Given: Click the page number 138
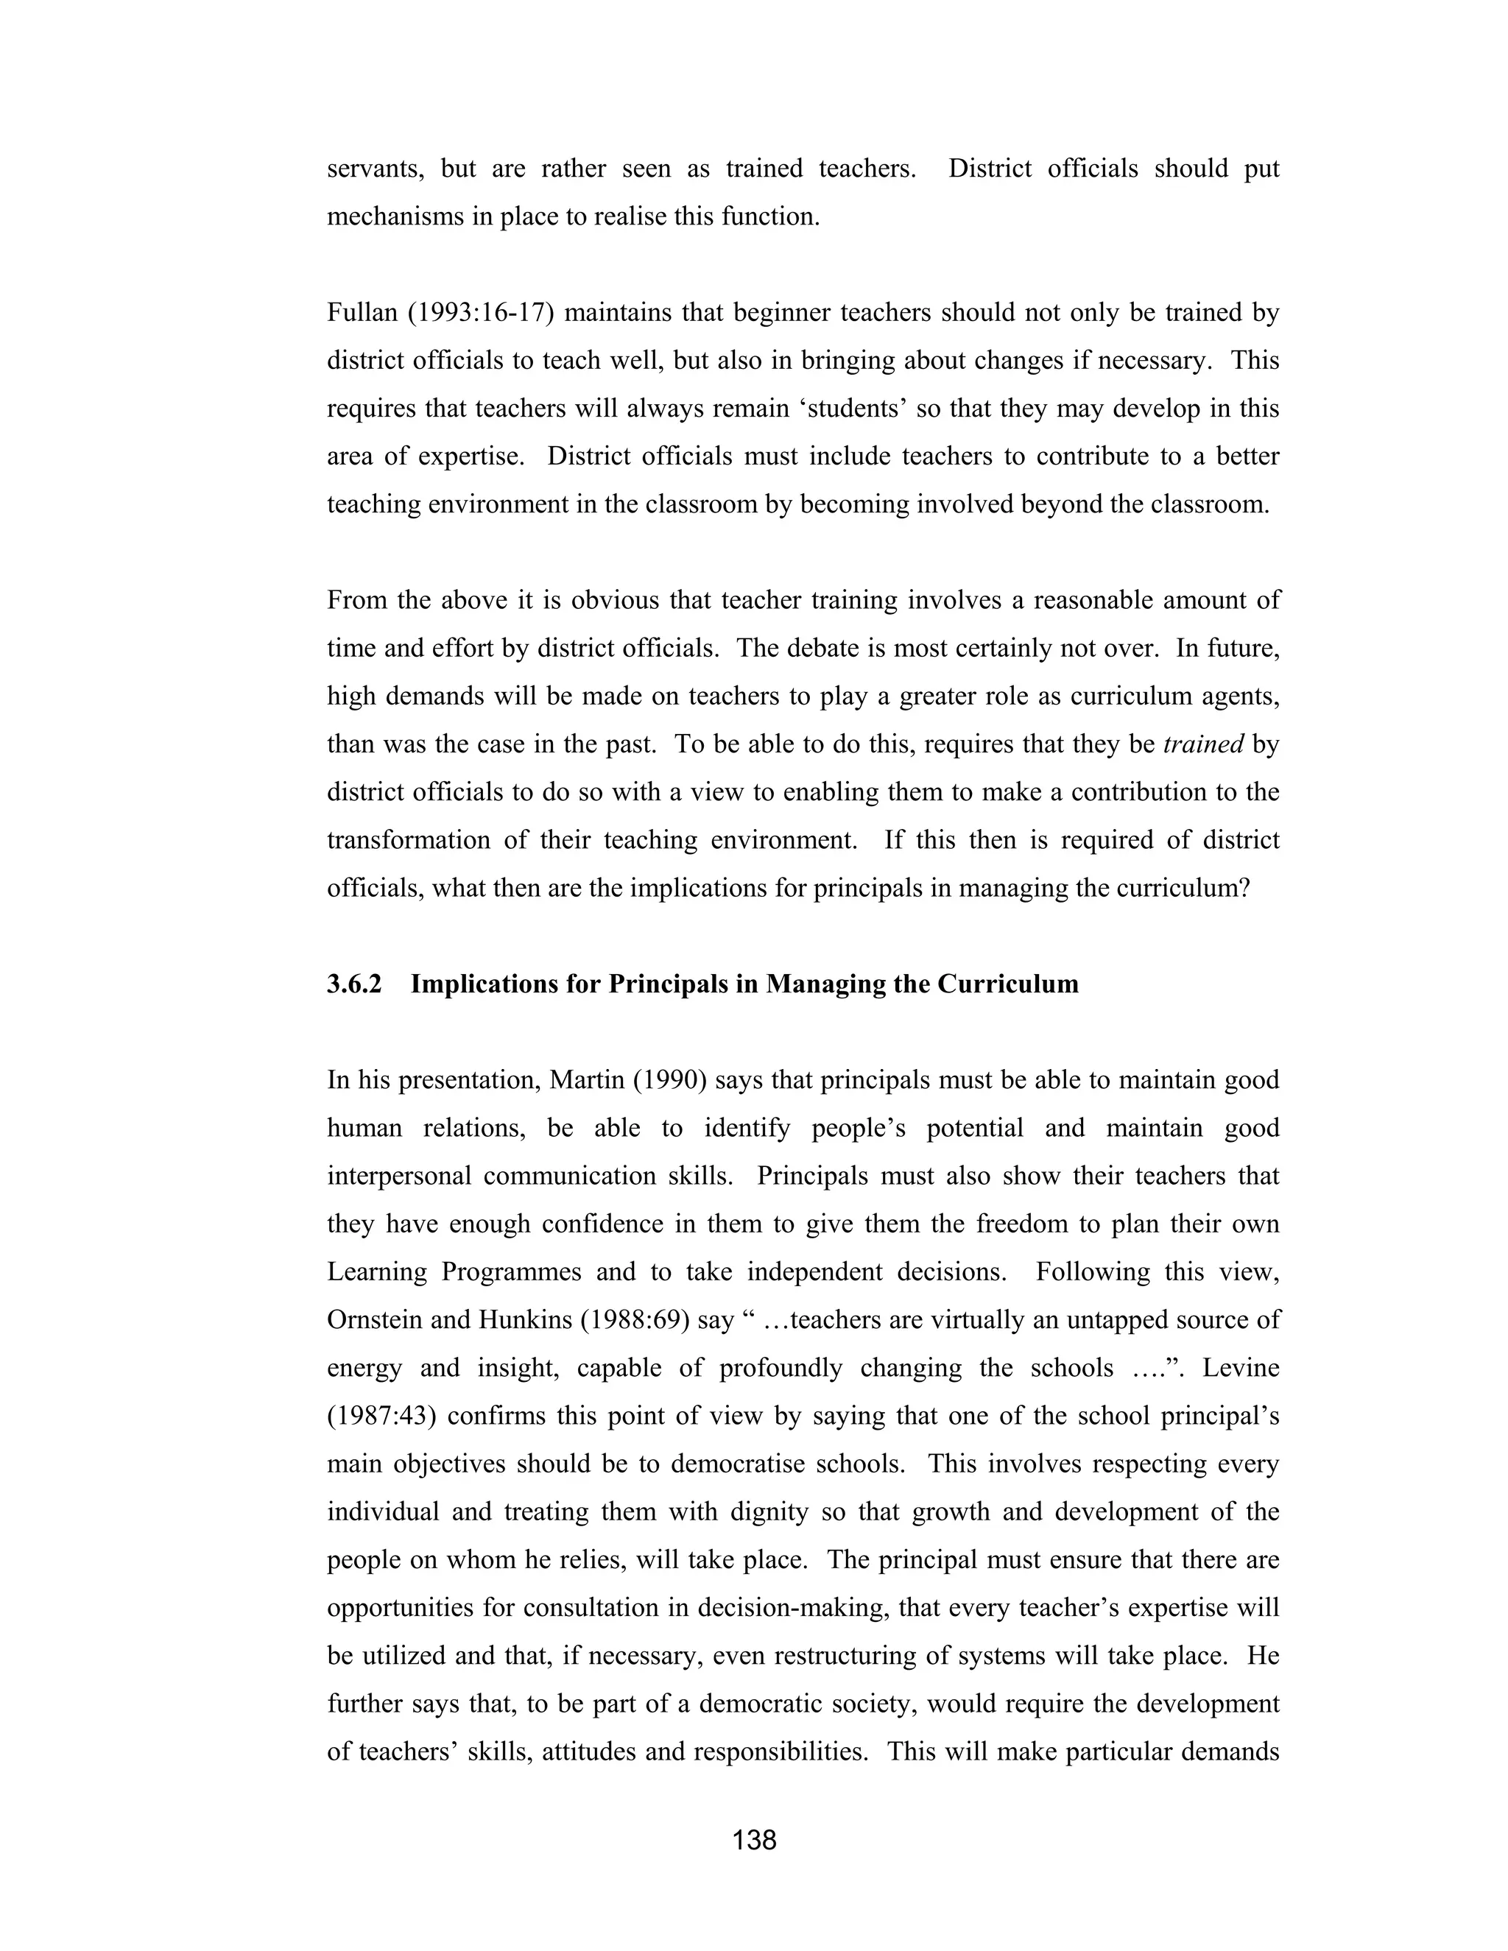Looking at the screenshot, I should [754, 1839].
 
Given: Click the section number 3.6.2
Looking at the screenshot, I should [353, 984].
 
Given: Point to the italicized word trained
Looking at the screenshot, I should [1202, 744].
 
